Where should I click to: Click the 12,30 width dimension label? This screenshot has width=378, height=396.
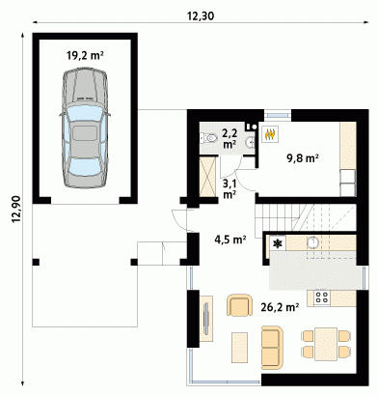coord(201,15)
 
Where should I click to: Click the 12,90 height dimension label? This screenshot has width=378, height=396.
coord(16,210)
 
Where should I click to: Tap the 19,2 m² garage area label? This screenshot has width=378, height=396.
coord(85,55)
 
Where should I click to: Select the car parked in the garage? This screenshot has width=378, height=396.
coord(85,127)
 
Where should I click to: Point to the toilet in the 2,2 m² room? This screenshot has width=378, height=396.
coord(208,138)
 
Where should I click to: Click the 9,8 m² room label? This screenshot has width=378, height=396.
coord(303,158)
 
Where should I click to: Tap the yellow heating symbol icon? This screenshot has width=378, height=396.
coord(269,133)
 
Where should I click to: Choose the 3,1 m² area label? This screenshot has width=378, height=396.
coord(229,189)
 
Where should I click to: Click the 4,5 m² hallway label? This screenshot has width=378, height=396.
coord(230,240)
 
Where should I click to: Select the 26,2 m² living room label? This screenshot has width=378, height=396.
coord(280,308)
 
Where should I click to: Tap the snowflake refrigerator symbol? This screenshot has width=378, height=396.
coord(278,243)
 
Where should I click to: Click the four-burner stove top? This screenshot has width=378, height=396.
coord(322,297)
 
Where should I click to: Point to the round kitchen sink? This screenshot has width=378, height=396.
coord(312,242)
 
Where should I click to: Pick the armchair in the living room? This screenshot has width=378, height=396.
coord(239,306)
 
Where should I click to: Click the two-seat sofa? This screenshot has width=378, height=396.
coord(272,348)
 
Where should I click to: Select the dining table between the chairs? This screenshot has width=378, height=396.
coord(326,344)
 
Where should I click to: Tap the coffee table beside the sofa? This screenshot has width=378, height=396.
coord(239,348)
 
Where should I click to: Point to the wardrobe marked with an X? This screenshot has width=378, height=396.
coord(206,176)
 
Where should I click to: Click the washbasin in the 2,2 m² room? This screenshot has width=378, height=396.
coord(251,141)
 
